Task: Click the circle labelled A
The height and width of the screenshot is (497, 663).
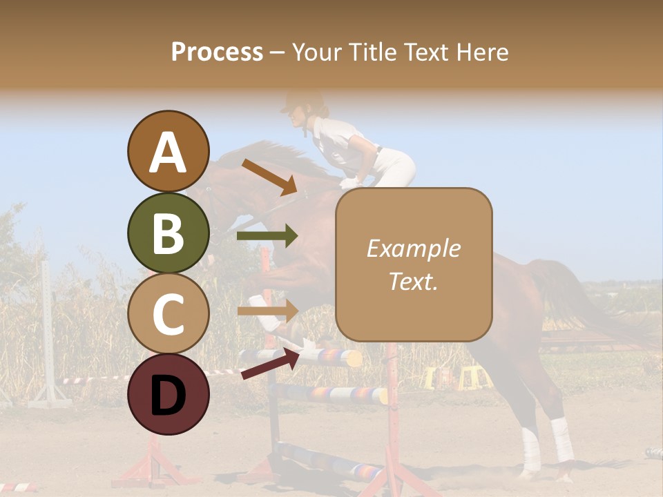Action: [x=168, y=151]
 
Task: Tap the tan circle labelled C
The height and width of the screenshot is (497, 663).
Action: [x=168, y=313]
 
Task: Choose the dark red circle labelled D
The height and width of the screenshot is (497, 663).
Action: [x=168, y=394]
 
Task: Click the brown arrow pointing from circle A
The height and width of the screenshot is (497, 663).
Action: [x=269, y=177]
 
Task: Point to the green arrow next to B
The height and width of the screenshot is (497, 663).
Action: [x=267, y=236]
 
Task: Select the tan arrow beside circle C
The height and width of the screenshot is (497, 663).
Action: [x=267, y=310]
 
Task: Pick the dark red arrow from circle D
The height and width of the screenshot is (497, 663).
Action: [x=269, y=363]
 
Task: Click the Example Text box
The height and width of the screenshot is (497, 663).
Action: [x=414, y=264]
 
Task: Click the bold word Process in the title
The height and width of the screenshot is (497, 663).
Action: [x=217, y=52]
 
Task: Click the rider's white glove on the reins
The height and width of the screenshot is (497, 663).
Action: [x=350, y=183]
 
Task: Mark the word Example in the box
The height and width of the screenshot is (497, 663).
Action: [x=413, y=248]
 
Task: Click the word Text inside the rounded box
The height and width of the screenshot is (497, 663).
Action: [x=412, y=282]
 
